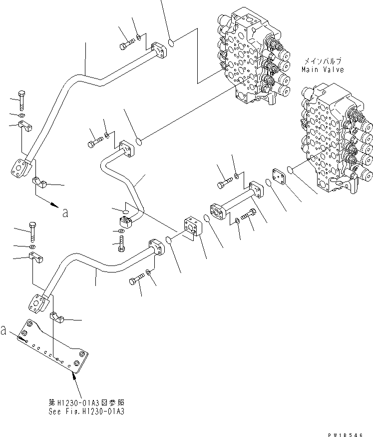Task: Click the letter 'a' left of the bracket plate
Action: tap(4, 330)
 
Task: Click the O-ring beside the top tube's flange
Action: tap(171, 43)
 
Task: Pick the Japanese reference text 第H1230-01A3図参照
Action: tap(85, 402)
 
